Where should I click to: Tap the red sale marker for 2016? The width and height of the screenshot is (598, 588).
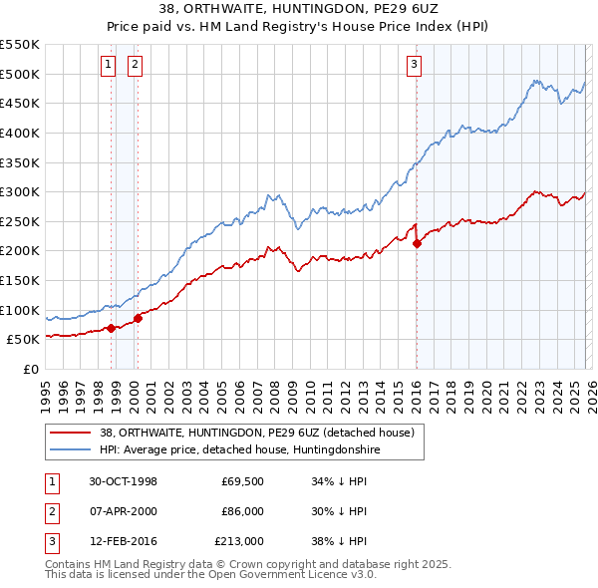417,243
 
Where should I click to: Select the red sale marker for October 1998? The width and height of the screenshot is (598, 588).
111,328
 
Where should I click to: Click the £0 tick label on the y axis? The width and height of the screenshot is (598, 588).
29,369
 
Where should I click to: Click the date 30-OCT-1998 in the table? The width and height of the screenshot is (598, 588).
123,481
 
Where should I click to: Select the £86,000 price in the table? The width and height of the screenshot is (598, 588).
242,511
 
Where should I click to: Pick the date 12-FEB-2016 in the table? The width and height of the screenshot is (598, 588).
123,541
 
